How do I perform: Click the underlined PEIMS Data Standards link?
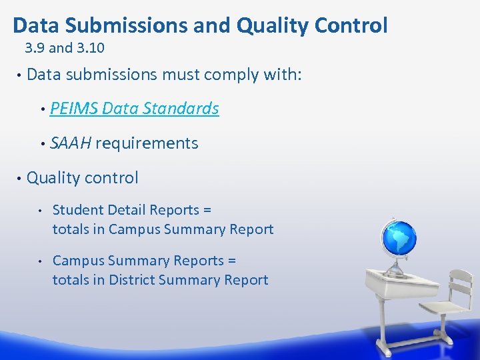pyautogui.click(x=134, y=109)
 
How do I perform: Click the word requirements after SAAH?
pyautogui.click(x=147, y=143)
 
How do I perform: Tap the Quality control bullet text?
pyautogui.click(x=83, y=178)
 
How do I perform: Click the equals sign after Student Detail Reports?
pyautogui.click(x=207, y=211)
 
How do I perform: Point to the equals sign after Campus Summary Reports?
pyautogui.click(x=231, y=261)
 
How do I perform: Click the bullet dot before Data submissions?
pyautogui.click(x=19, y=75)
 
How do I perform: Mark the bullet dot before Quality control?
pyautogui.click(x=19, y=178)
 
